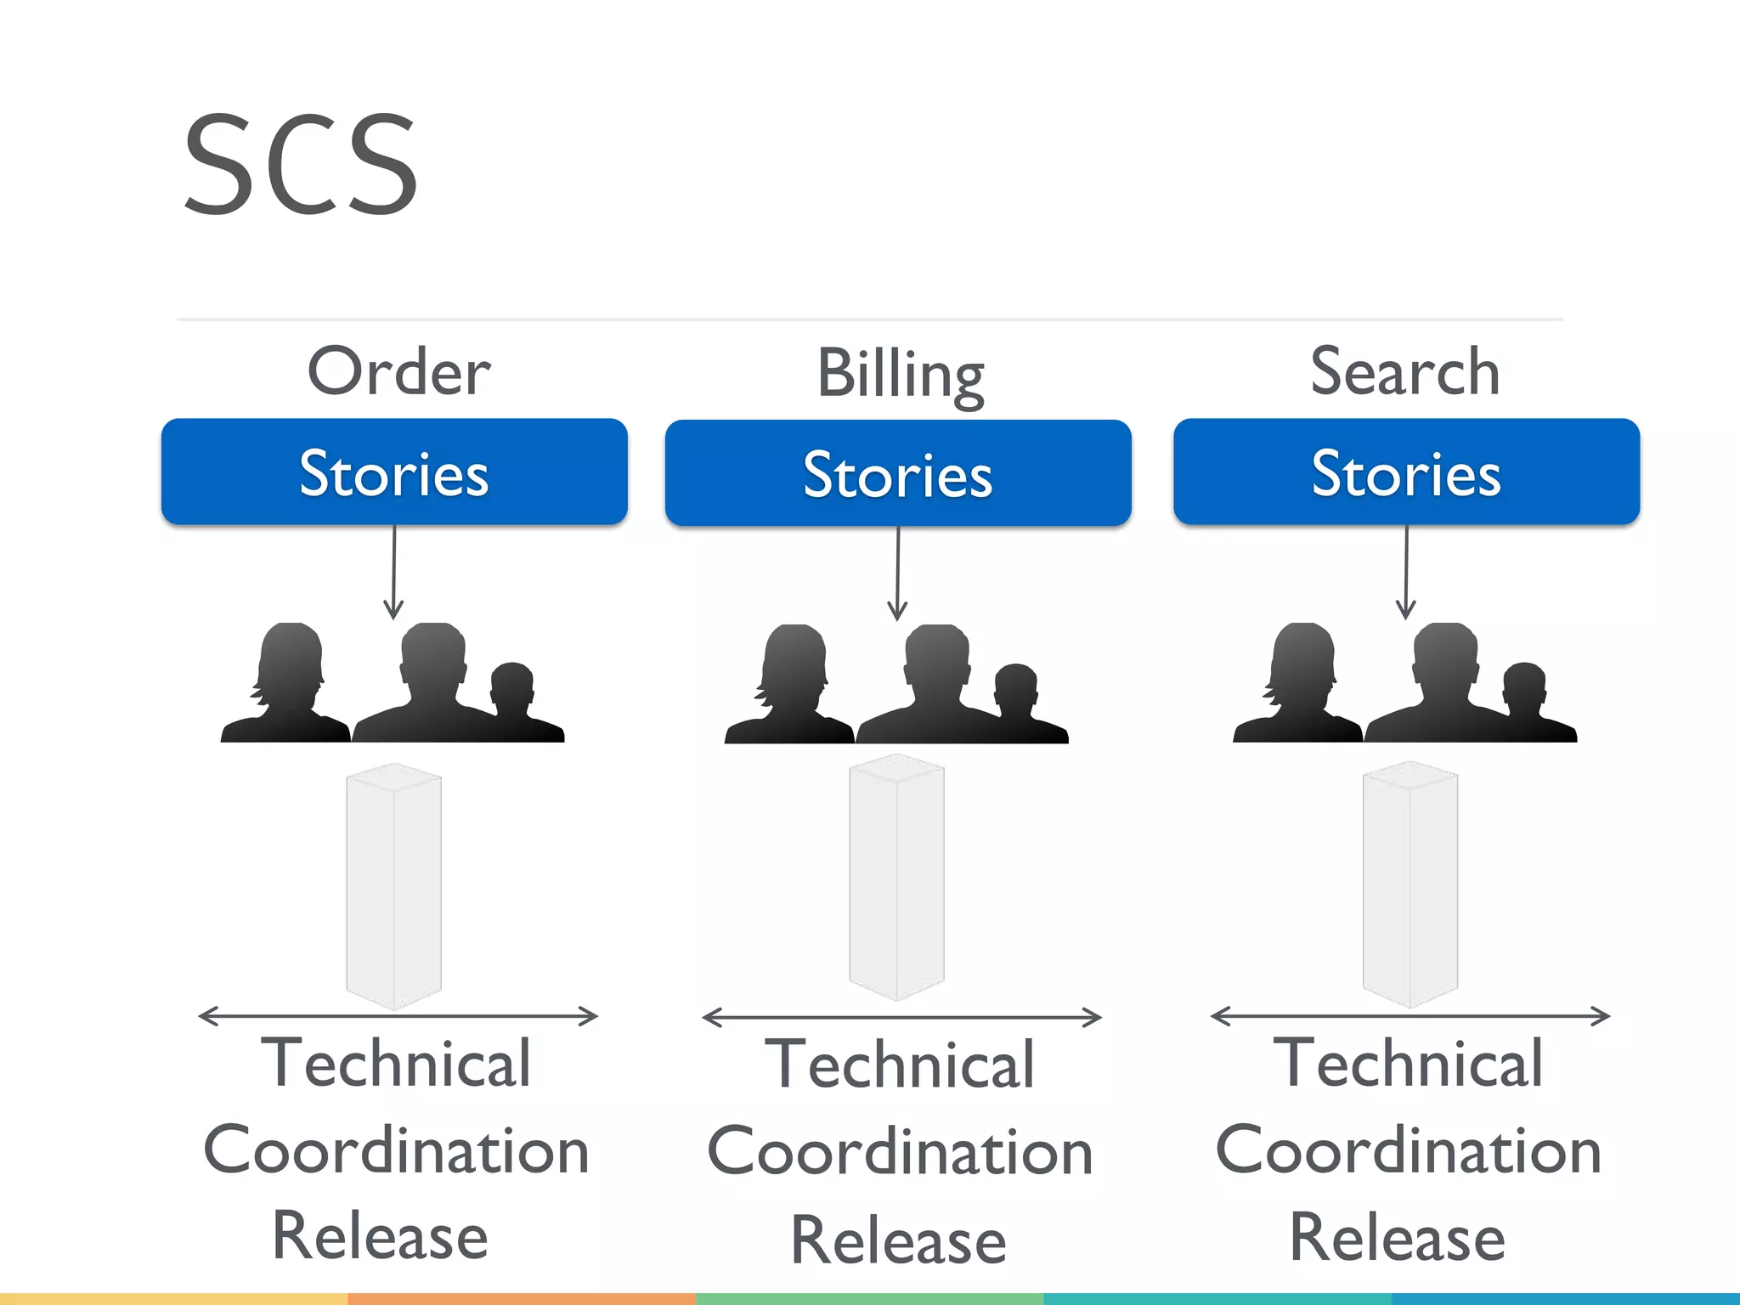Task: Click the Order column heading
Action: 398,371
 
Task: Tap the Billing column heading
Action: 900,375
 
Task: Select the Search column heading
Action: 1405,371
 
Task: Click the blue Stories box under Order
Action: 394,472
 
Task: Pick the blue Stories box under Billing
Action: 898,474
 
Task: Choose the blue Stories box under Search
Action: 1406,472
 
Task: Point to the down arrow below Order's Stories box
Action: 393,573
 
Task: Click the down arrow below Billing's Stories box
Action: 897,574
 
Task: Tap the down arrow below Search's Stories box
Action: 1406,573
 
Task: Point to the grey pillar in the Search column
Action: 1410,886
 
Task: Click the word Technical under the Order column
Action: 396,1063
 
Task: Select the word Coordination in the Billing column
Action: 900,1152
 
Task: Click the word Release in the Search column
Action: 1397,1237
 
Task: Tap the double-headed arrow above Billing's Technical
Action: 901,1017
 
